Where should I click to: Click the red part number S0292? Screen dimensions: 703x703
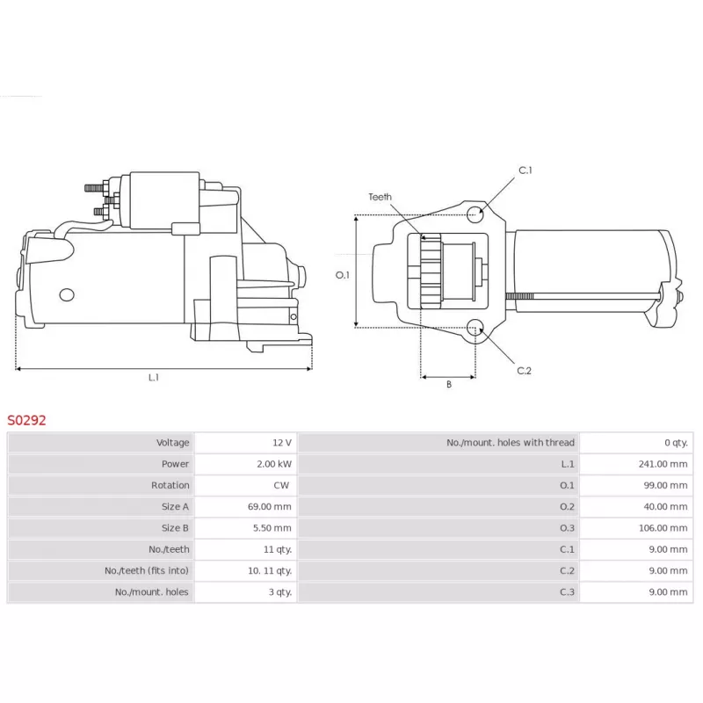pos(26,420)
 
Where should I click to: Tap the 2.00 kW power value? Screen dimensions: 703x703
pos(274,464)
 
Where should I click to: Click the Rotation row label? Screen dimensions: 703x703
pos(170,485)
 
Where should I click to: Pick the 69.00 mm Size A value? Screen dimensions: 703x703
pos(270,507)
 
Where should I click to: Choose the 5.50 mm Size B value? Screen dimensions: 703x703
pos(272,528)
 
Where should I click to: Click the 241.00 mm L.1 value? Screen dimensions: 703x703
pos(663,464)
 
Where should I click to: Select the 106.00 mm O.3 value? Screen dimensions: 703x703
pos(663,528)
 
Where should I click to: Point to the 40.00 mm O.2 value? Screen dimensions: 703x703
pos(665,507)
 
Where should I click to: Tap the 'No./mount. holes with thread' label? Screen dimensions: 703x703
pos(511,443)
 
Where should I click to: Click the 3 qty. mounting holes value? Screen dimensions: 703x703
pos(280,591)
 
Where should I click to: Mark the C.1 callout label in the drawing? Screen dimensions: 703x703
pos(525,170)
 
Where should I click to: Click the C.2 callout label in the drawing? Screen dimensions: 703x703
pos(524,371)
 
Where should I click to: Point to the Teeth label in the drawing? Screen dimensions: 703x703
pos(380,197)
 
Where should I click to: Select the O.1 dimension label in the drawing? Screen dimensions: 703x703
pos(342,275)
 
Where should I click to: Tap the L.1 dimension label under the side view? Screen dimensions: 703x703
pos(153,378)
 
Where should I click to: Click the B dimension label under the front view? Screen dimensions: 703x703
pos(449,384)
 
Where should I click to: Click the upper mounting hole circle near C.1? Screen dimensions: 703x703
pos(475,214)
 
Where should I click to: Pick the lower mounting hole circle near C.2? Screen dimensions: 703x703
pos(475,328)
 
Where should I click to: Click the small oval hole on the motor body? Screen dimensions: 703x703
pos(67,295)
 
